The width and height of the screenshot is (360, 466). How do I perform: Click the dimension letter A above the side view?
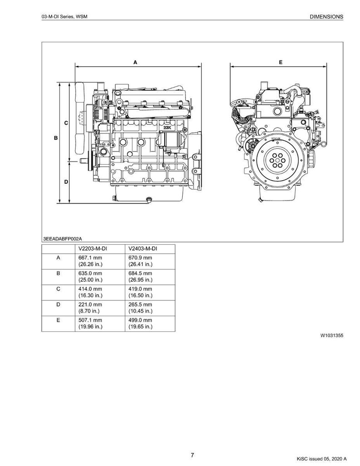point(136,63)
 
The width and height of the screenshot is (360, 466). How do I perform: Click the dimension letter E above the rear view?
point(280,63)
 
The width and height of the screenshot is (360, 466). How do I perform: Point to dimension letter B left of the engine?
point(56,138)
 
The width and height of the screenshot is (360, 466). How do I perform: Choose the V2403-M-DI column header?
point(142,249)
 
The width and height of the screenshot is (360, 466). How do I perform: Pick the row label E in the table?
point(58,320)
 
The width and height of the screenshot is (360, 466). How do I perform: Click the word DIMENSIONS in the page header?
point(326,17)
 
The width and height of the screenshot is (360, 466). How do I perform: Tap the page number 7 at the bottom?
point(193,455)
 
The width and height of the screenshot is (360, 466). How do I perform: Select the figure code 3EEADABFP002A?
point(63,239)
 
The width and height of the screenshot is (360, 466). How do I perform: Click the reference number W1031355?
point(332,335)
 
